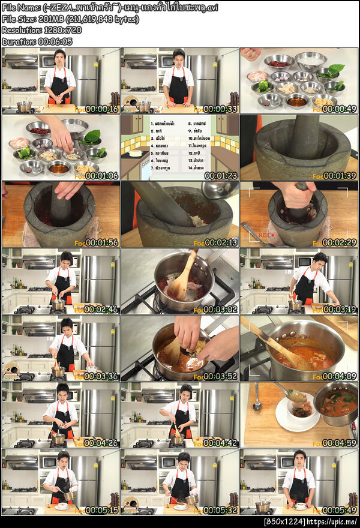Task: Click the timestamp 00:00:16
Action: (101, 109)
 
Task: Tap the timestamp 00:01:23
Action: (220, 176)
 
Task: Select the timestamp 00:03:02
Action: (220, 310)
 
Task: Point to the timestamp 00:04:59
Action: (340, 443)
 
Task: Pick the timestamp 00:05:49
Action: (340, 510)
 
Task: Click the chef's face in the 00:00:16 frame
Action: (59, 59)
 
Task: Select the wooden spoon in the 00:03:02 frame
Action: (180, 276)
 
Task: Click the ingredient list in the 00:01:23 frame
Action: (180, 148)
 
